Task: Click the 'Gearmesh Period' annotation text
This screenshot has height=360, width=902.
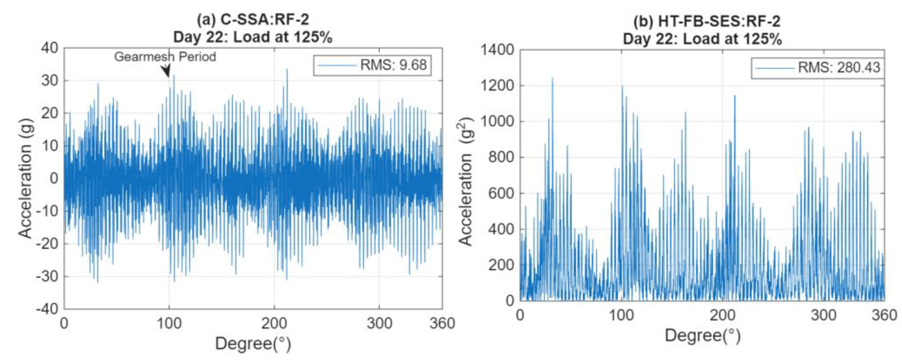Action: [x=165, y=57]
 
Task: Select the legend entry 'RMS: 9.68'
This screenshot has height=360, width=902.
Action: [x=393, y=65]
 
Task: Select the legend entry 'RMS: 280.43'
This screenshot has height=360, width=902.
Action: [x=839, y=67]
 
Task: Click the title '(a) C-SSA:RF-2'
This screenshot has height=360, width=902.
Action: [x=252, y=20]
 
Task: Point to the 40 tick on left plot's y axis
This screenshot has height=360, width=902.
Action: [x=50, y=48]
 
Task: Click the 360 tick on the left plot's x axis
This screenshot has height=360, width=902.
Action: [x=442, y=323]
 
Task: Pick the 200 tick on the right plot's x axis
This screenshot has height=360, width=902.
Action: [x=722, y=315]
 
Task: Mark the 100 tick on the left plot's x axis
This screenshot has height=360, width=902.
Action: [x=169, y=323]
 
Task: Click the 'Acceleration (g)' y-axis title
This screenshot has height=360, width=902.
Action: [x=25, y=179]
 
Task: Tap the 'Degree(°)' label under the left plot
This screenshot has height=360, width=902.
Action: [x=253, y=343]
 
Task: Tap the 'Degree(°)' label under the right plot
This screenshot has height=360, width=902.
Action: [x=703, y=335]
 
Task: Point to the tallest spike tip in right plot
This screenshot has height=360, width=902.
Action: [x=553, y=78]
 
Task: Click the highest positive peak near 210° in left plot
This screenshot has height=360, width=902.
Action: [x=287, y=69]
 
